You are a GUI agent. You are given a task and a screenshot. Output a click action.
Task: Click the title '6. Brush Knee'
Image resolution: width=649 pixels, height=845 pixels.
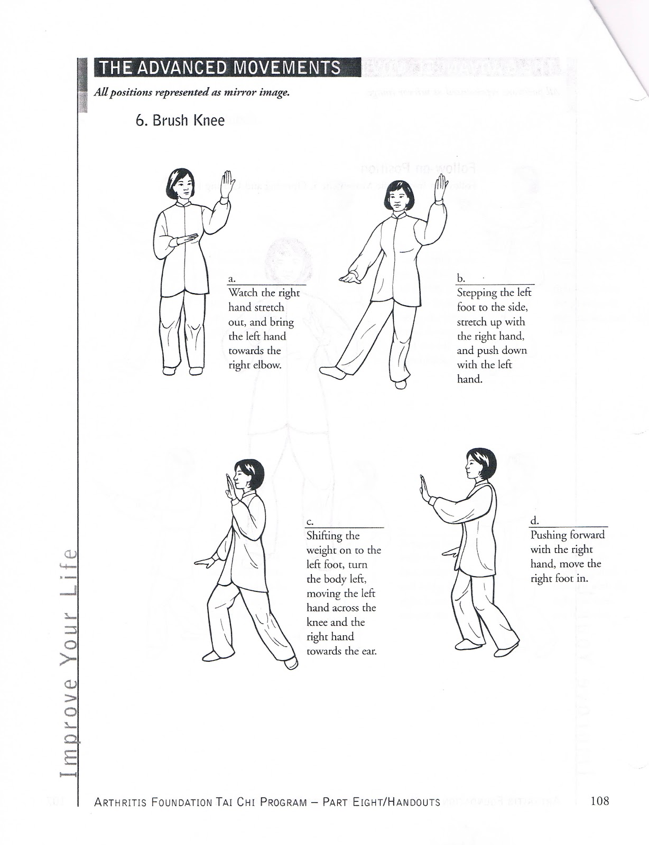click(x=180, y=120)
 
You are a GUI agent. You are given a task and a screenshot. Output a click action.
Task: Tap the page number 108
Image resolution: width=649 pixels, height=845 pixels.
click(x=600, y=801)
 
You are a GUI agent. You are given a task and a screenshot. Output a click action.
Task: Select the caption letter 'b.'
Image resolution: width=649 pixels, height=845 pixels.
click(x=460, y=278)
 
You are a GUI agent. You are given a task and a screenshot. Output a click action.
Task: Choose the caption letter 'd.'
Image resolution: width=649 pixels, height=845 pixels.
click(x=534, y=521)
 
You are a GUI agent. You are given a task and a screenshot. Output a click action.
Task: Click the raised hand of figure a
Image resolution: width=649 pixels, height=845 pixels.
click(x=228, y=183)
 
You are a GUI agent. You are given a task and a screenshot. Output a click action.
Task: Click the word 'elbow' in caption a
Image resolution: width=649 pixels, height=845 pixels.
click(x=267, y=365)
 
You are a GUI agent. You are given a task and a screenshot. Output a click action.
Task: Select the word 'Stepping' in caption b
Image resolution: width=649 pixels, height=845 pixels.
click(x=477, y=293)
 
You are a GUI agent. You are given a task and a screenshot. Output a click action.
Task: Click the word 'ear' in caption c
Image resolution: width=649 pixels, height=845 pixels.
click(x=369, y=651)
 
